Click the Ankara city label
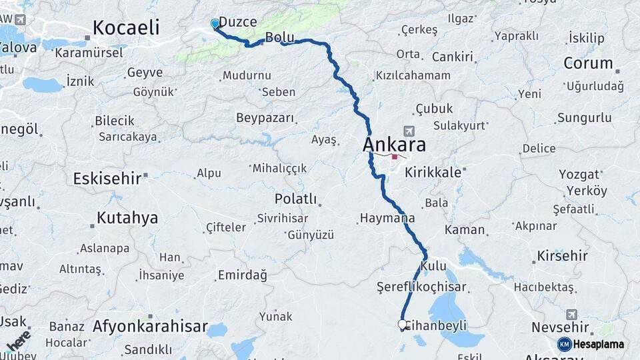click(395, 145)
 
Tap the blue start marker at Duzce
click(215, 24)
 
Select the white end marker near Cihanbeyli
click(403, 325)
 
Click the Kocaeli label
click(126, 27)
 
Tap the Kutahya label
click(127, 217)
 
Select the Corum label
click(588, 63)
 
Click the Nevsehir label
click(560, 327)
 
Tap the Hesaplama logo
click(591, 344)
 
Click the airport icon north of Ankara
click(408, 131)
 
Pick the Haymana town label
click(387, 218)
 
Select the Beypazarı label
click(265, 118)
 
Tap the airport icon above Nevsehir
click(571, 314)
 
